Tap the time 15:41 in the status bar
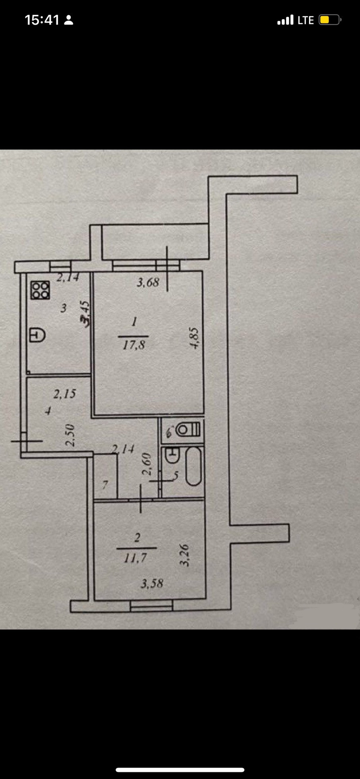click(42, 20)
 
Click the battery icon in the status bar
click(329, 20)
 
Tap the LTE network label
click(306, 20)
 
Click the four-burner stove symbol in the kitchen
click(41, 290)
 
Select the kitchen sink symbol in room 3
click(37, 335)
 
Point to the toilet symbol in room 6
click(189, 429)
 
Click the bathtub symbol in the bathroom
click(194, 466)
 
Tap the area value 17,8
click(134, 345)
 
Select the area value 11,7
click(135, 558)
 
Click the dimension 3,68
click(148, 283)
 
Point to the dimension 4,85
click(194, 338)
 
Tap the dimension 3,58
click(152, 583)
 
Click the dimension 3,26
click(185, 555)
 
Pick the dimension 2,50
click(70, 435)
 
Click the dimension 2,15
click(64, 394)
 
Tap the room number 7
click(105, 484)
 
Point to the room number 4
click(48, 411)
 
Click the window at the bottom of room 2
click(151, 605)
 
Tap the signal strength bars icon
click(285, 20)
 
